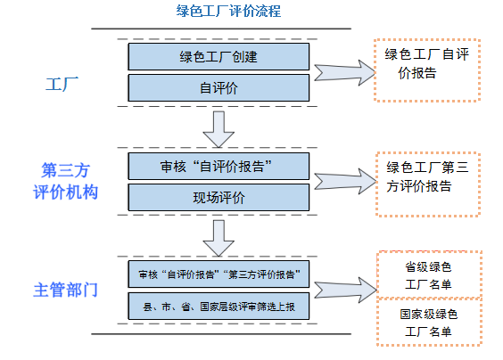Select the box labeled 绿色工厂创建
219,57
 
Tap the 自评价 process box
219,87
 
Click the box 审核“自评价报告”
219,166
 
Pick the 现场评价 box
219,196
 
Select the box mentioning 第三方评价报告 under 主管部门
219,273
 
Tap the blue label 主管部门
65,290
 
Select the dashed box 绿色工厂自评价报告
427,70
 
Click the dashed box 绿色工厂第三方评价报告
427,178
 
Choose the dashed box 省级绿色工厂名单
427,276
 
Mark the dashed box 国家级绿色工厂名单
427,323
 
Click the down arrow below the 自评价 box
219,128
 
